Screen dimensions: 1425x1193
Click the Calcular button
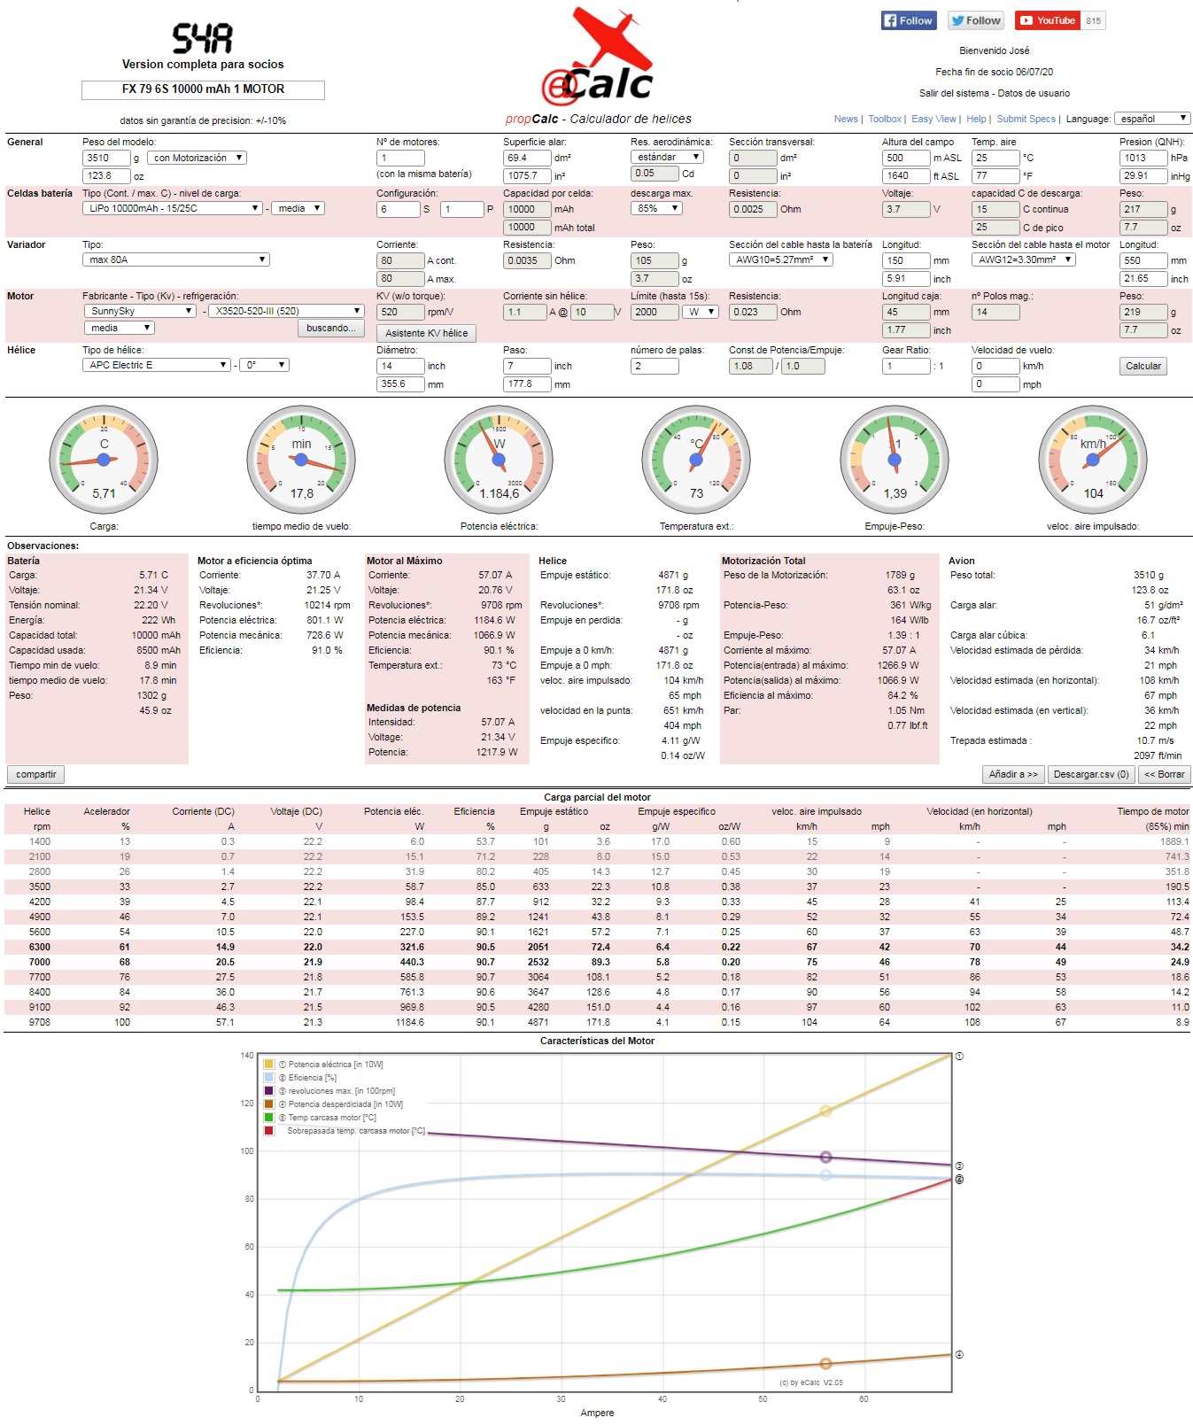(x=1143, y=366)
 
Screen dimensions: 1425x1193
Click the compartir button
(x=35, y=774)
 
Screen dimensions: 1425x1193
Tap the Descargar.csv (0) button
(x=1090, y=774)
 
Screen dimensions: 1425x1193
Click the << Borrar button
(x=1164, y=774)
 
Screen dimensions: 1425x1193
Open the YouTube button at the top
(x=1048, y=20)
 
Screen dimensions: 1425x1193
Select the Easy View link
(x=933, y=119)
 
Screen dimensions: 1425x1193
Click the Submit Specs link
(x=1026, y=119)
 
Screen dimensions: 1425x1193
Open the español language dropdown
(x=1151, y=119)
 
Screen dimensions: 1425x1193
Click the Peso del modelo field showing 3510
(x=105, y=158)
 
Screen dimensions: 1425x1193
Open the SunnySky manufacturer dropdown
(x=140, y=311)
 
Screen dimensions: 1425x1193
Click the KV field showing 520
(x=399, y=312)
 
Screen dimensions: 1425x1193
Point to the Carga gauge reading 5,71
(x=104, y=460)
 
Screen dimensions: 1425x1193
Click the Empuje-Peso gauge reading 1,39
(x=895, y=460)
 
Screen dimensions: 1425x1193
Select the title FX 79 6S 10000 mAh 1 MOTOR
(x=203, y=89)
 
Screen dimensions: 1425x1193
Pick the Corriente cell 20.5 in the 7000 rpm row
(x=225, y=962)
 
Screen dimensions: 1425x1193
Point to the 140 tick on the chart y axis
(x=247, y=1056)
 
